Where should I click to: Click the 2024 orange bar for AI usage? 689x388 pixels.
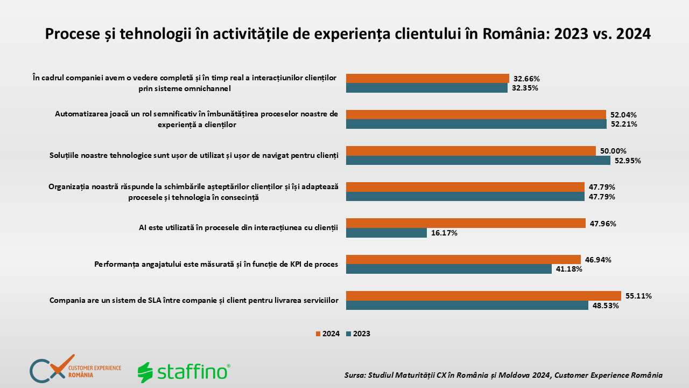[466, 223]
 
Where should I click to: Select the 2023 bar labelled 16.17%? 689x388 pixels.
[386, 233]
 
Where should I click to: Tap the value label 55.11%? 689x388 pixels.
[638, 296]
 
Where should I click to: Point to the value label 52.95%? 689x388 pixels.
[628, 161]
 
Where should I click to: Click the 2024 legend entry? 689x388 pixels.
[328, 334]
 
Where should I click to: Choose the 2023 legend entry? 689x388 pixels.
[358, 334]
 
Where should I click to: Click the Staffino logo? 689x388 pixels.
[184, 372]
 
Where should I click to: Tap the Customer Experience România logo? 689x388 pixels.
[75, 369]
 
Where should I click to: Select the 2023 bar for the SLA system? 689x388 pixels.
[467, 305]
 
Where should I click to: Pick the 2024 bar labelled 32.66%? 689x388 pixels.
[427, 79]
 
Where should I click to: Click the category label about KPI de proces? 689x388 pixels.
[216, 264]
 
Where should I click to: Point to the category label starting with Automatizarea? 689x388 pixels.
[196, 119]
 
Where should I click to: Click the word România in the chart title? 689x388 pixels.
[516, 34]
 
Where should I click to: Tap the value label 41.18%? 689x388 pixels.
[569, 269]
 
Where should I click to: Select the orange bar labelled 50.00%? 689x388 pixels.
[471, 151]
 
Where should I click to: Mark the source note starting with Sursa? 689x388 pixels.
[503, 375]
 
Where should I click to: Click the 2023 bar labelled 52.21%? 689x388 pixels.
[476, 124]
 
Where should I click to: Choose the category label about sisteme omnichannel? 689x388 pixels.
[185, 83]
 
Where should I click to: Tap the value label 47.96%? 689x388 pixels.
[603, 224]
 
